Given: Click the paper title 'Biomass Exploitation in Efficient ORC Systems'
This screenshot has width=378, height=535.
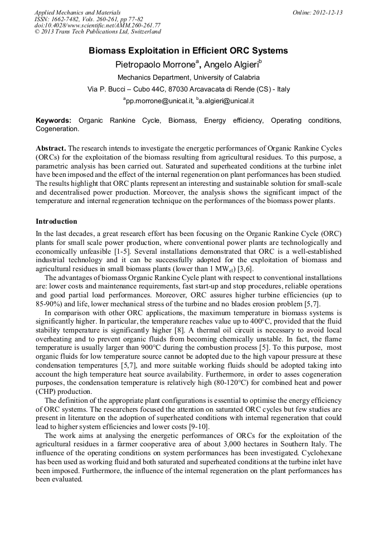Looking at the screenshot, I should click(188, 51).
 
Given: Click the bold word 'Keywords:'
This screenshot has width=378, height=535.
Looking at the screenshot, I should click(54, 121).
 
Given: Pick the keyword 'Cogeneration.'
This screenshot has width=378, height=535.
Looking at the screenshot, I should click(57, 129).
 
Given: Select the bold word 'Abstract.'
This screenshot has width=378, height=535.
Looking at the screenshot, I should click(51, 148).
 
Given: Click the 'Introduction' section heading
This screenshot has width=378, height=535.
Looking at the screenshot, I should click(56, 221).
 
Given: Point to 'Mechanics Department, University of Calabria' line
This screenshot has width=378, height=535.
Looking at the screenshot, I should click(188, 78).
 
